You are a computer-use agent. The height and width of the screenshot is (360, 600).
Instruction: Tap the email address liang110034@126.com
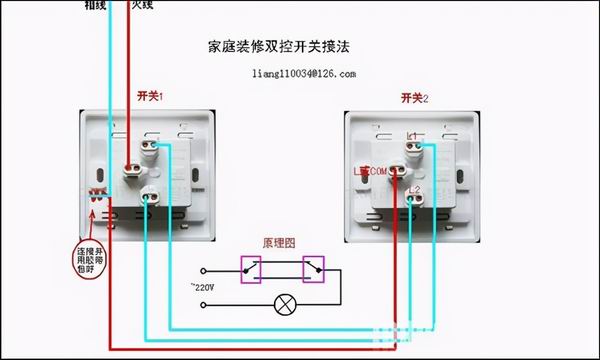tap(305, 73)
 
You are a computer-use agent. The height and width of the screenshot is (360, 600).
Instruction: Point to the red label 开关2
tap(414, 97)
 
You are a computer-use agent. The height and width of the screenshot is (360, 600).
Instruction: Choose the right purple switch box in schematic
tap(313, 268)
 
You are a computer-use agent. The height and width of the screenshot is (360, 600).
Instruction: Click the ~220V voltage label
tap(205, 287)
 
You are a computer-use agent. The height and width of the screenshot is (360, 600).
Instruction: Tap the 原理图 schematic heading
tap(279, 243)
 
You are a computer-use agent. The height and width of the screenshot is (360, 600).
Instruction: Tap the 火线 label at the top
tap(143, 5)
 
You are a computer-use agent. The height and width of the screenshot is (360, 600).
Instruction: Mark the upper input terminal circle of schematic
tap(204, 270)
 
